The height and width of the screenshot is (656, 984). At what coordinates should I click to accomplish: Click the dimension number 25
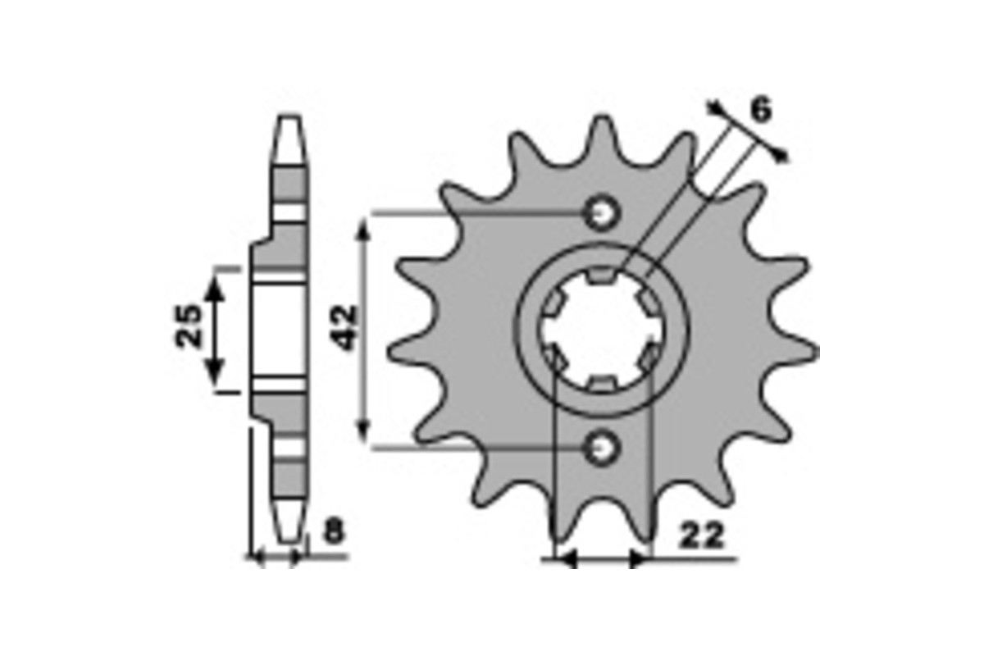pos(189,326)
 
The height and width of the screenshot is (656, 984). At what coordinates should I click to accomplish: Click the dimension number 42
pos(343,328)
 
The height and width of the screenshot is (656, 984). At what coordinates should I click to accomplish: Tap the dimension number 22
pos(700,535)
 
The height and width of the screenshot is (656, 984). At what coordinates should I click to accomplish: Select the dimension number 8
pos(335,531)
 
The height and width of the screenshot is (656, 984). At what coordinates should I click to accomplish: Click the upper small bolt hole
pos(601,213)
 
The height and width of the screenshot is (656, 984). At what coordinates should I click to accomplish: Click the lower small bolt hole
pos(601,448)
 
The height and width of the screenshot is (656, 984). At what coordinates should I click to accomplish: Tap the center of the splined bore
pos(603,330)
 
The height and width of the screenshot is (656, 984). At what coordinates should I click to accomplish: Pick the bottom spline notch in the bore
pos(601,385)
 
